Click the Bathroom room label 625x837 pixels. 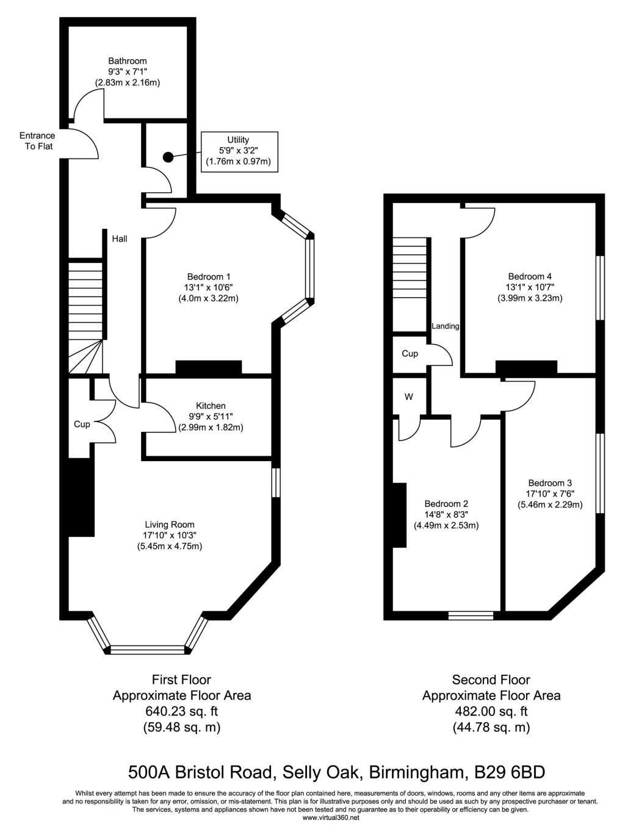click(127, 61)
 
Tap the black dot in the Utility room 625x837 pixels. click(168, 157)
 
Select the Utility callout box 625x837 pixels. click(239, 151)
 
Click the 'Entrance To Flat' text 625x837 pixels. click(37, 141)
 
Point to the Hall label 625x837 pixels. click(120, 239)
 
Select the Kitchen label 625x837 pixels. click(211, 406)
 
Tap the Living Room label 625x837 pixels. click(170, 524)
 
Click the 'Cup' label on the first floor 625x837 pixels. click(82, 424)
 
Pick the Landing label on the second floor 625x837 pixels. click(445, 326)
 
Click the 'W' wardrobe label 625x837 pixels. click(409, 397)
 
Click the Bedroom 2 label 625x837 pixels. click(446, 504)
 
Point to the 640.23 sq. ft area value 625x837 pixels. click(181, 711)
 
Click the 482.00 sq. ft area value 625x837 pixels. click(491, 711)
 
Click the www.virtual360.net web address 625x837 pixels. click(331, 817)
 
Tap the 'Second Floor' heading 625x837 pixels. click(491, 680)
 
